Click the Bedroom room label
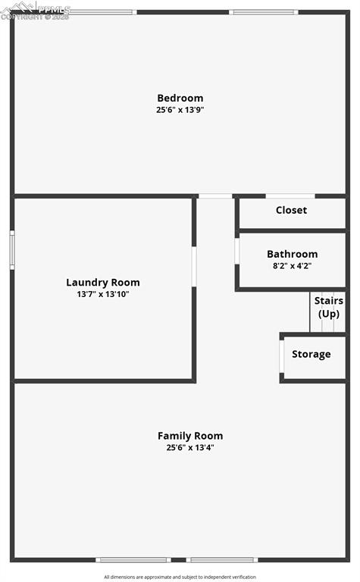(180, 98)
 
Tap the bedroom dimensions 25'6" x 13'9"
(180, 110)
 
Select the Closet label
(291, 210)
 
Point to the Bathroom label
(292, 254)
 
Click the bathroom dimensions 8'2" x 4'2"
(292, 266)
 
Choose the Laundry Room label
(103, 283)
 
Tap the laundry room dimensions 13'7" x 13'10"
(103, 294)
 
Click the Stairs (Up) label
(328, 307)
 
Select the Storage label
(311, 354)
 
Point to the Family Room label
(190, 436)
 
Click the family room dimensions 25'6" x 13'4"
(190, 447)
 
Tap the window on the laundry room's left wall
(12, 249)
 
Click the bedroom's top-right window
(253, 12)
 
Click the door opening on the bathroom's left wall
(237, 251)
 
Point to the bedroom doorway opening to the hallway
(215, 196)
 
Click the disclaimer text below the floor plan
(180, 577)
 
